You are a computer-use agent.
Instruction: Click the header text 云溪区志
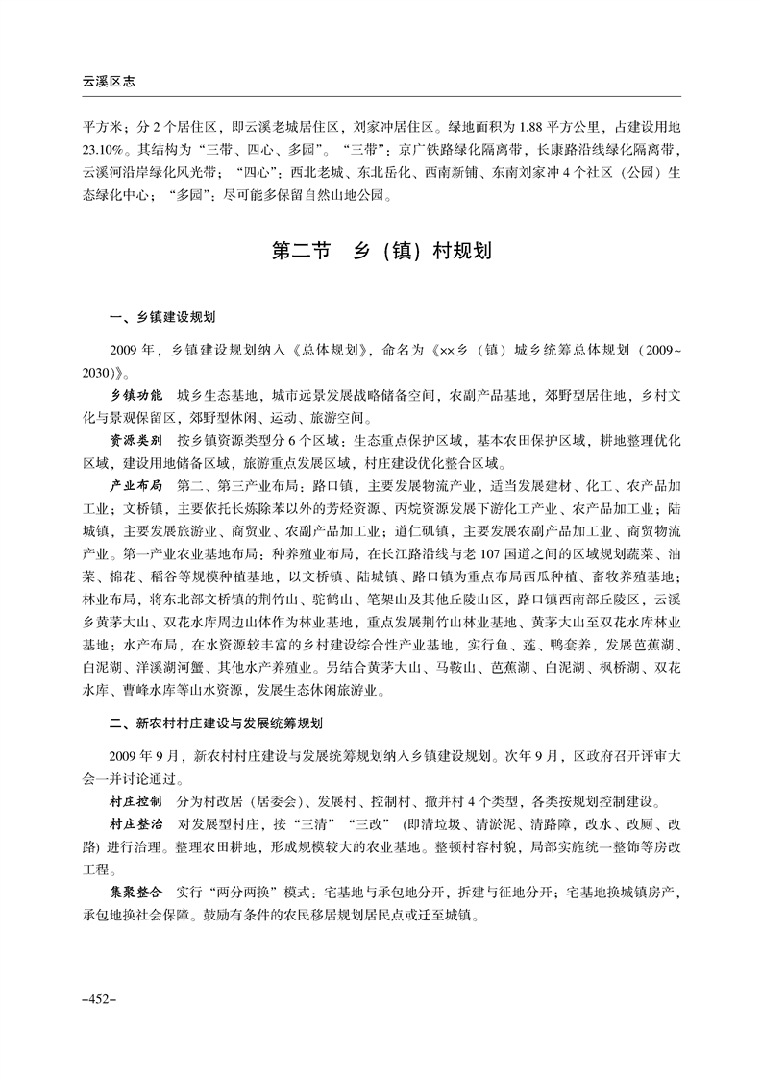click(108, 83)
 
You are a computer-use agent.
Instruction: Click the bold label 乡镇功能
click(136, 396)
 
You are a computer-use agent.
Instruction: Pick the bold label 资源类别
click(136, 440)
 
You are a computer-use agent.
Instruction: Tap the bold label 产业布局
click(136, 484)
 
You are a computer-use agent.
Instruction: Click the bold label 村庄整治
click(136, 824)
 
